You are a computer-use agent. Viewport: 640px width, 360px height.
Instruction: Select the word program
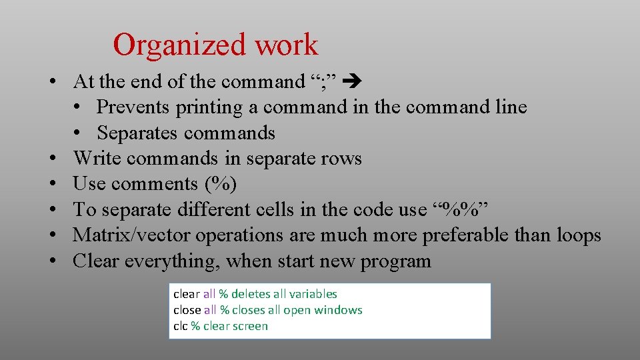pos(396,261)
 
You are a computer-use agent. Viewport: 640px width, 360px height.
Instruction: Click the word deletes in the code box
pos(249,294)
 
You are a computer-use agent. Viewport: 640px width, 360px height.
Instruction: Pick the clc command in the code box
pos(181,326)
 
